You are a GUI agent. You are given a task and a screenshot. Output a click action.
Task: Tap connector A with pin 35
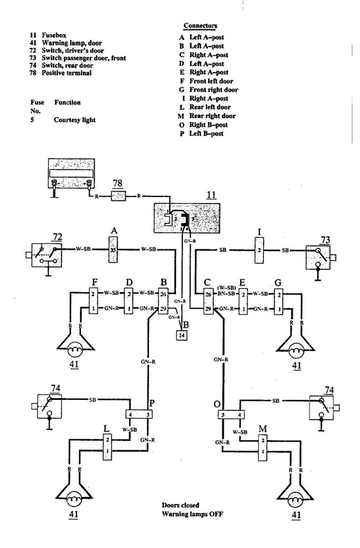(112, 250)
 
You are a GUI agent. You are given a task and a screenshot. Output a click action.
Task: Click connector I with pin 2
(259, 250)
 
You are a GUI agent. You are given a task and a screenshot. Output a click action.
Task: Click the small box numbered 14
(182, 335)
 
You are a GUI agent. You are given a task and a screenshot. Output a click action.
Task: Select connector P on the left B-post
(139, 415)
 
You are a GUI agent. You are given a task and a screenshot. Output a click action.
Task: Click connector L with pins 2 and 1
(107, 445)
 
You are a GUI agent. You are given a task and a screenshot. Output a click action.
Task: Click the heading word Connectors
(200, 26)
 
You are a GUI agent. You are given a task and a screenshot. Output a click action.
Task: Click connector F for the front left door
(94, 301)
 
